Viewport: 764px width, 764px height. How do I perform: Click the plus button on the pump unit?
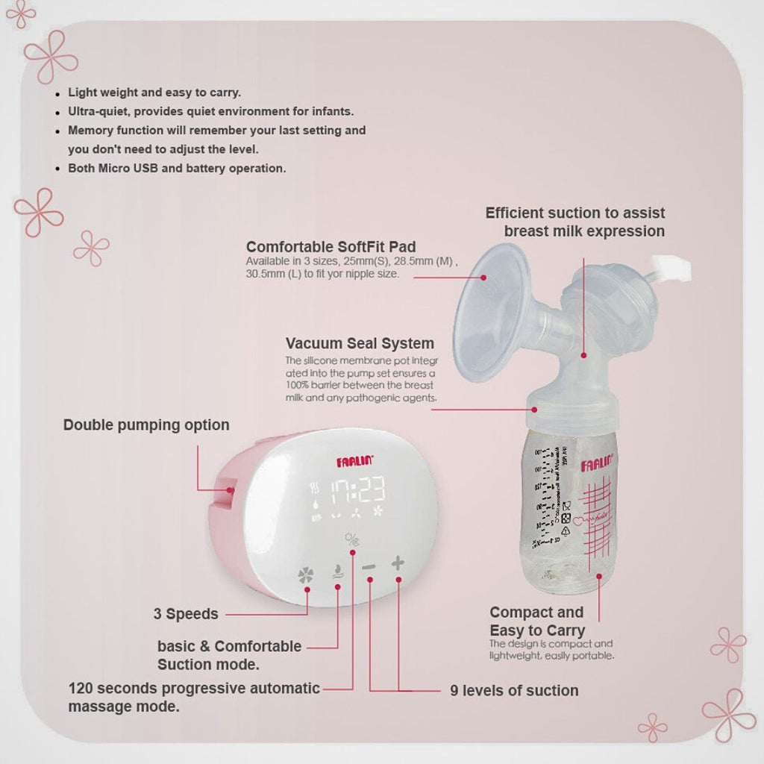point(398,563)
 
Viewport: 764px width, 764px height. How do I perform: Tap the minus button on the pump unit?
point(369,567)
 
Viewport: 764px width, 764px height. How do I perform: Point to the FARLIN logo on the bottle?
point(597,466)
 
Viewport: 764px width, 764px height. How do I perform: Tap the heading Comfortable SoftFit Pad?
point(331,247)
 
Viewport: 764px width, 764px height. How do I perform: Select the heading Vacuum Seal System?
point(360,344)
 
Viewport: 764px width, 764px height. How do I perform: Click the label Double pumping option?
point(146,425)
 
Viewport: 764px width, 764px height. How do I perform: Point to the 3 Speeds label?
point(186,614)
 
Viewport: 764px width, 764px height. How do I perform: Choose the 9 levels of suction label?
point(514,691)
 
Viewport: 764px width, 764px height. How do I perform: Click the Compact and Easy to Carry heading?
point(536,621)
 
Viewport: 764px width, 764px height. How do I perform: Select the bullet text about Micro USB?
point(177,169)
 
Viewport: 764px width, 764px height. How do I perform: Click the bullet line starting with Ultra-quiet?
point(210,112)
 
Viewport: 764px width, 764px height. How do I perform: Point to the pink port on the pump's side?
point(230,490)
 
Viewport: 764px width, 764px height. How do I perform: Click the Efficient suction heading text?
point(575,222)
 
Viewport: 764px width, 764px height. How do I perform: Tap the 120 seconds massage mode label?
point(193,697)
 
